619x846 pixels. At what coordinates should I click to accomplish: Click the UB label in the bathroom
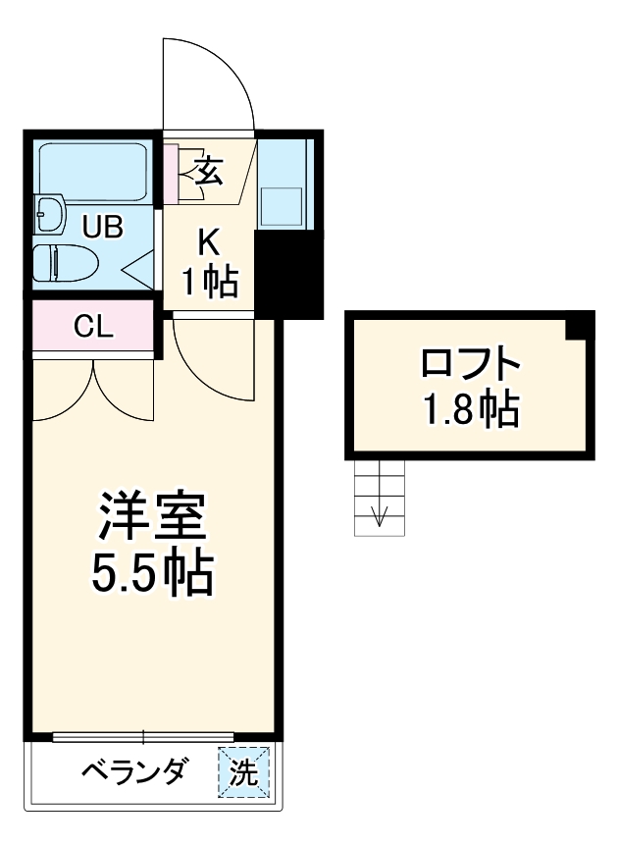coord(102,228)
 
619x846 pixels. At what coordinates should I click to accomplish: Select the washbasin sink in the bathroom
coord(48,211)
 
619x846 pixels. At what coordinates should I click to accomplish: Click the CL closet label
coord(94,327)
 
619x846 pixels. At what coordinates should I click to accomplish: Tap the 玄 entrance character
coord(208,172)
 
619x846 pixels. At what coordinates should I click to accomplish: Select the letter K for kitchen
coord(208,240)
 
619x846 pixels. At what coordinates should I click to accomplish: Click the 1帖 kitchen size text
coord(208,282)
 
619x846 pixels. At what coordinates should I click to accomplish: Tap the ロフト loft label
coord(470,365)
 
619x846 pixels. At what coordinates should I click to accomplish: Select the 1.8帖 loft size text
coord(470,409)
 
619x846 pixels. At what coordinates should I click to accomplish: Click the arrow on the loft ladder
coord(381,513)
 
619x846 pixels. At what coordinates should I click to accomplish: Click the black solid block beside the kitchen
coord(288,274)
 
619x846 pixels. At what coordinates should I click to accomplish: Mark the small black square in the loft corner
coord(582,326)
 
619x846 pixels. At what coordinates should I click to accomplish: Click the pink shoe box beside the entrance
coord(171,174)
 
